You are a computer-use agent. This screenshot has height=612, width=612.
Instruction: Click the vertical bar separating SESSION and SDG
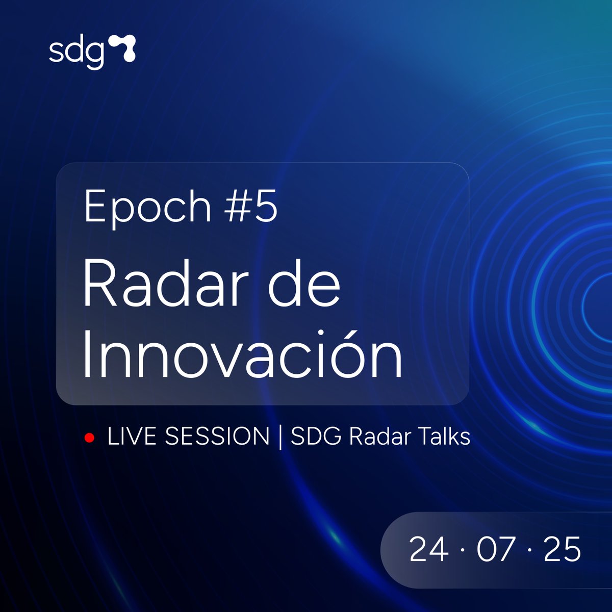pos(280,438)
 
